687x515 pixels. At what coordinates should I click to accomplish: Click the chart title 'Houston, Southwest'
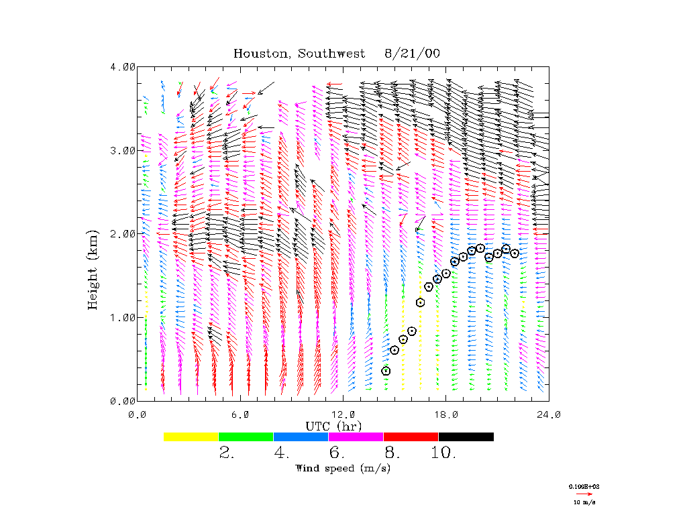[299, 54]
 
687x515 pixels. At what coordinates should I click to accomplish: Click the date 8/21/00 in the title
[413, 54]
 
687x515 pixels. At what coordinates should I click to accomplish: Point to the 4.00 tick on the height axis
[123, 66]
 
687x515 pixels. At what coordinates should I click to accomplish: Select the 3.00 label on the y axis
[123, 150]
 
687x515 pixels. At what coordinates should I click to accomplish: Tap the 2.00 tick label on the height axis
[123, 233]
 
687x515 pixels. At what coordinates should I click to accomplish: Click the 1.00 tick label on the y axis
[123, 317]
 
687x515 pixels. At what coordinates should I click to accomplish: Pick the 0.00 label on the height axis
[123, 400]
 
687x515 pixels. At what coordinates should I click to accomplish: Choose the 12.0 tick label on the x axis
[343, 414]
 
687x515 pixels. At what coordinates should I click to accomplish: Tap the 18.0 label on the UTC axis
[446, 414]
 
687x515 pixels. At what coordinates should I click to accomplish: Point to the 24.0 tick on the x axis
[549, 414]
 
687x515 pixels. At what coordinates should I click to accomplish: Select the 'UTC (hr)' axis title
[333, 426]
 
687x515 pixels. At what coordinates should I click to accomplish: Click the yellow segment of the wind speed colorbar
[191, 437]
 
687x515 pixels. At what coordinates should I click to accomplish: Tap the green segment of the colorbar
[246, 437]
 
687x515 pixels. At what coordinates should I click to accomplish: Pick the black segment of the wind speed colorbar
[466, 437]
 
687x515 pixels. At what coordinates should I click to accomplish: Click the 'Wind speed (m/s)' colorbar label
[343, 468]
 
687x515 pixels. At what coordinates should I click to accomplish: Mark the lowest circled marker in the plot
[386, 371]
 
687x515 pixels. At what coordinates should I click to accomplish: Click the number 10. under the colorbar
[443, 453]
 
